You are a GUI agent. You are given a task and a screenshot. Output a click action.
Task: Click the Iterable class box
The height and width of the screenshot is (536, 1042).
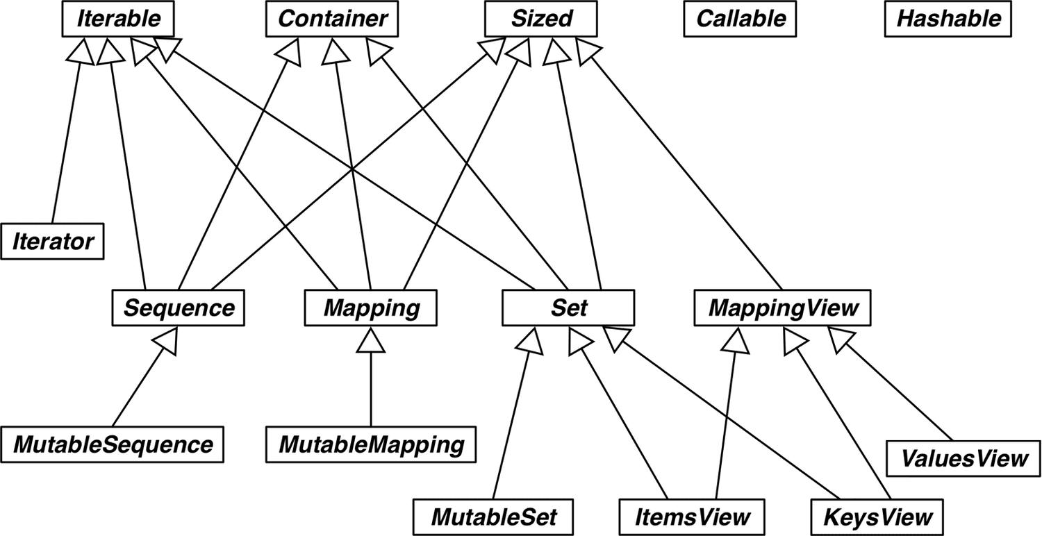coord(117,19)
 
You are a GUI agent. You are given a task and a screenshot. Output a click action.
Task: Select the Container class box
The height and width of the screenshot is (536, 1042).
coord(331,19)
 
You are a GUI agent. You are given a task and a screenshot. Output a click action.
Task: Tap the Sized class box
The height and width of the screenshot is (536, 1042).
coord(540,19)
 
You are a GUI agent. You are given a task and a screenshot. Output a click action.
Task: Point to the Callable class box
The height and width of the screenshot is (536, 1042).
coord(740,19)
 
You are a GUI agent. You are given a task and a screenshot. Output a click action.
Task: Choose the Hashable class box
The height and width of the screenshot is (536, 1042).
coord(948,19)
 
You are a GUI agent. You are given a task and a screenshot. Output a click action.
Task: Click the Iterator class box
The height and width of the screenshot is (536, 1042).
coord(52,242)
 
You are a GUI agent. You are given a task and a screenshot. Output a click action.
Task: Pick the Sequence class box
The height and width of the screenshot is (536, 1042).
coord(178,308)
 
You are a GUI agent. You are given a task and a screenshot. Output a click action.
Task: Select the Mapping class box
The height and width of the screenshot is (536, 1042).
coord(371,308)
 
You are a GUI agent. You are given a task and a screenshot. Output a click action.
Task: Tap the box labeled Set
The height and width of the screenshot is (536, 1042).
coord(568,308)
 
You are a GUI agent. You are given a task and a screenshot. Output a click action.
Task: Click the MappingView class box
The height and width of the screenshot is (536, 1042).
coord(782,308)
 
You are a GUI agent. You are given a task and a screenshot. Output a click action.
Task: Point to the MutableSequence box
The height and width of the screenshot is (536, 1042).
coord(112,444)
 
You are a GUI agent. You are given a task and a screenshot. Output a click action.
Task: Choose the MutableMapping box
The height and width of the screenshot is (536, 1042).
coord(371,444)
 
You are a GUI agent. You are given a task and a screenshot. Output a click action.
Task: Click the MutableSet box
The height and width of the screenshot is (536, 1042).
coord(493,517)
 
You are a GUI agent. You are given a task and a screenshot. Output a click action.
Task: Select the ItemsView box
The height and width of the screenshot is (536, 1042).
coord(692,517)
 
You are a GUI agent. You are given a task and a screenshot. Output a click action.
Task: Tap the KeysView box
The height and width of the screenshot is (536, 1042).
coord(877,517)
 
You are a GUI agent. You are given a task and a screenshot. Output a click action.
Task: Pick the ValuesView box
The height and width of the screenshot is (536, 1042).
coord(964,459)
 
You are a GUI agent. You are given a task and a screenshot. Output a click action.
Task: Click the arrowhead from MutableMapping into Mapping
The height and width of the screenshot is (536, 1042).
coord(371,340)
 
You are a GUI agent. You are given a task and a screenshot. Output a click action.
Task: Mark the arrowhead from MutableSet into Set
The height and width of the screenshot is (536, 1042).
coord(530,341)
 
